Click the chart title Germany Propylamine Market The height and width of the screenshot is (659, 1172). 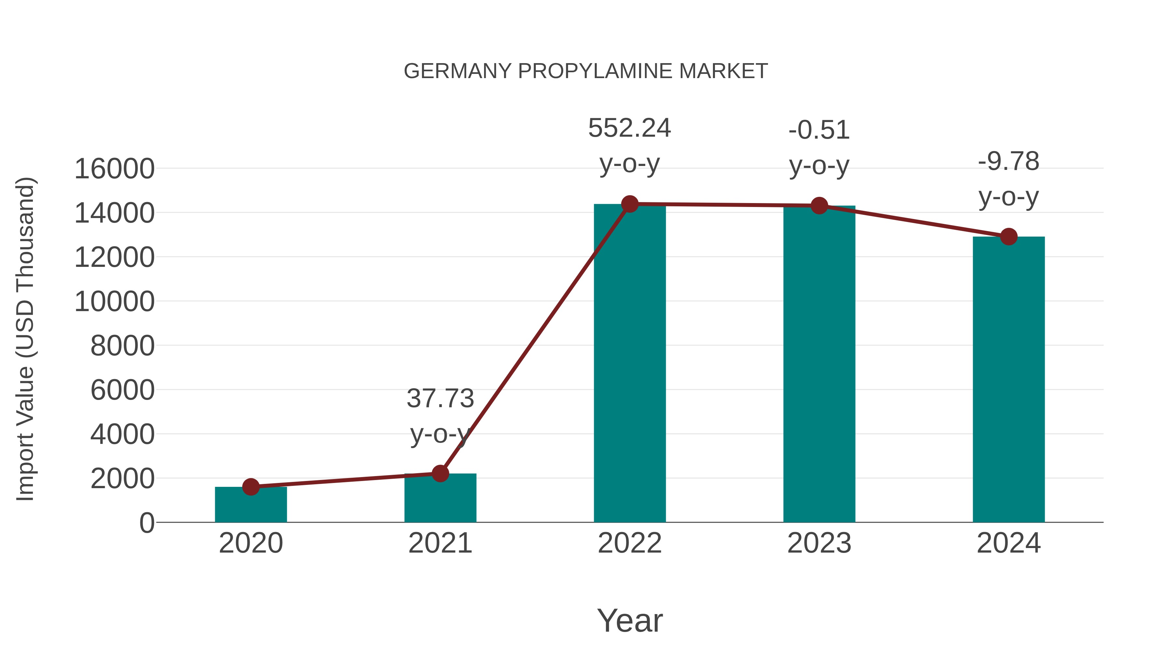[586, 71]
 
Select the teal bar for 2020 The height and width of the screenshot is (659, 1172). [251, 506]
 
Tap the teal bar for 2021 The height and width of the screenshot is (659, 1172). [440, 500]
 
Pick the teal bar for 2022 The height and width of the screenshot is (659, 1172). [630, 364]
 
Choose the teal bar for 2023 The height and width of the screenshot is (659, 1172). [819, 364]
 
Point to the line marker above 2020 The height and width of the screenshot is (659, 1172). [251, 487]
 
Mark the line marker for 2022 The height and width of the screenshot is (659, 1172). [630, 204]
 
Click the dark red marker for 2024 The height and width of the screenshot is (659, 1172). [1009, 237]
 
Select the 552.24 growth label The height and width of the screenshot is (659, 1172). [630, 128]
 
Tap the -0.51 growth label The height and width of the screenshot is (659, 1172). [819, 130]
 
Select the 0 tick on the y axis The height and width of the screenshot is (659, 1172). [147, 523]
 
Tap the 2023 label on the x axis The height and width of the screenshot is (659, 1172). [819, 543]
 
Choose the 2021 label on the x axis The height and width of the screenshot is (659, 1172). [440, 543]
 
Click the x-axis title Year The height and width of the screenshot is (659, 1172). [630, 621]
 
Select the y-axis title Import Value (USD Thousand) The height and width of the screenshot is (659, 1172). [25, 339]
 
